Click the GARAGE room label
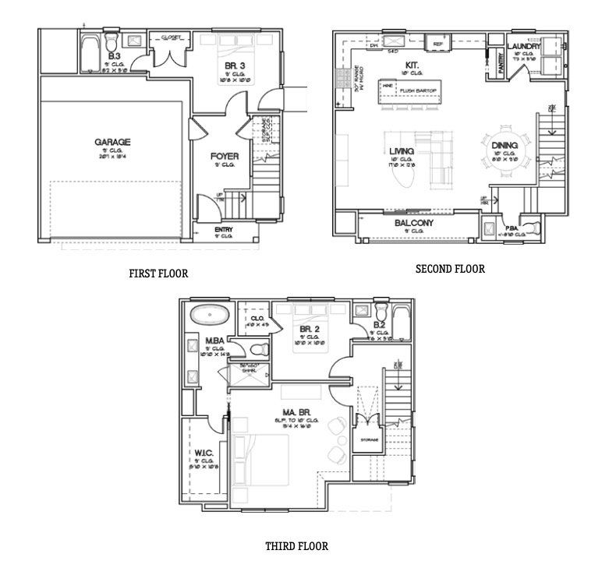point(112,143)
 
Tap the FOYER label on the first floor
point(224,156)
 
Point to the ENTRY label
point(223,230)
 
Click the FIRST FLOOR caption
point(158,273)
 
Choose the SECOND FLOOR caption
point(449,269)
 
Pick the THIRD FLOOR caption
point(296,546)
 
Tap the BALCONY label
point(413,223)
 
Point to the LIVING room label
point(401,151)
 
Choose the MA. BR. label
point(292,411)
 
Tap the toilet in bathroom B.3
point(112,40)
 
